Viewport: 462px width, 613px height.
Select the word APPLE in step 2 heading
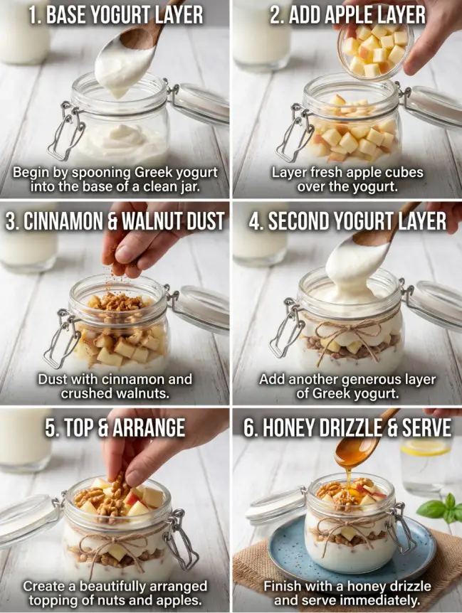click(356, 15)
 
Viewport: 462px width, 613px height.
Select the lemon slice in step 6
click(425, 447)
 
